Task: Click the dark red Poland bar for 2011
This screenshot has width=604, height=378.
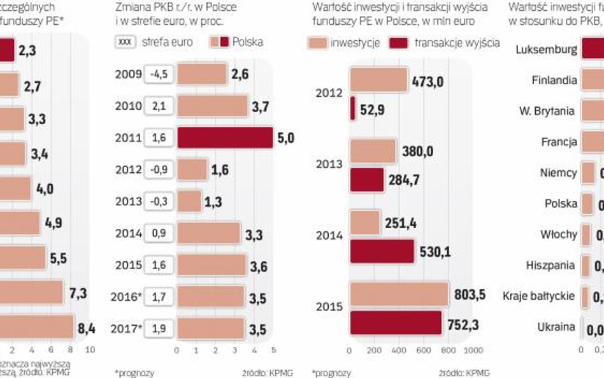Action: (224, 138)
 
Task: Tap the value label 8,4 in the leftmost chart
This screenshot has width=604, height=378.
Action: (85, 328)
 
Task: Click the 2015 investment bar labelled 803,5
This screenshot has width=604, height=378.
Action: (398, 294)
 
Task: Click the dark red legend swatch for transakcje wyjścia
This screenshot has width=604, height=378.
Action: (399, 43)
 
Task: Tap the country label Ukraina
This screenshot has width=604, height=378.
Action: (556, 328)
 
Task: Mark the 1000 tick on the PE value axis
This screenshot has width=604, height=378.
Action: (470, 350)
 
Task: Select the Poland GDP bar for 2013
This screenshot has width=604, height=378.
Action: (189, 201)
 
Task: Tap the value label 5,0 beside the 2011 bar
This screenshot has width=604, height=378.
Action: (285, 138)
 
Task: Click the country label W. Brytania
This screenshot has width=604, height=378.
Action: (547, 111)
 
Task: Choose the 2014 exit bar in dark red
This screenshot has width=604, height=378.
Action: (382, 251)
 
